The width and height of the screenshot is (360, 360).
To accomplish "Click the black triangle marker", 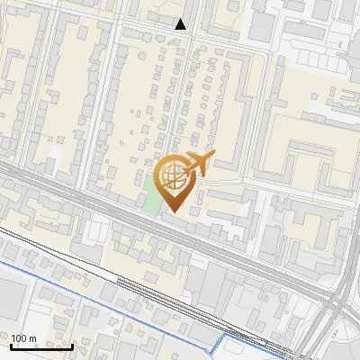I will coord(181,24).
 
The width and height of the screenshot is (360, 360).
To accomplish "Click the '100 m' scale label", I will coord(24,338).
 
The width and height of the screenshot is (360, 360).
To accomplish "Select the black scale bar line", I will coord(41,346).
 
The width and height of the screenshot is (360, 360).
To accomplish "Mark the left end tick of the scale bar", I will coord(11,345).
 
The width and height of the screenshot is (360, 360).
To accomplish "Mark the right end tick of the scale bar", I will coord(72,345).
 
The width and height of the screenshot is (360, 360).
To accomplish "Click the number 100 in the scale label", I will coord(20,338).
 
